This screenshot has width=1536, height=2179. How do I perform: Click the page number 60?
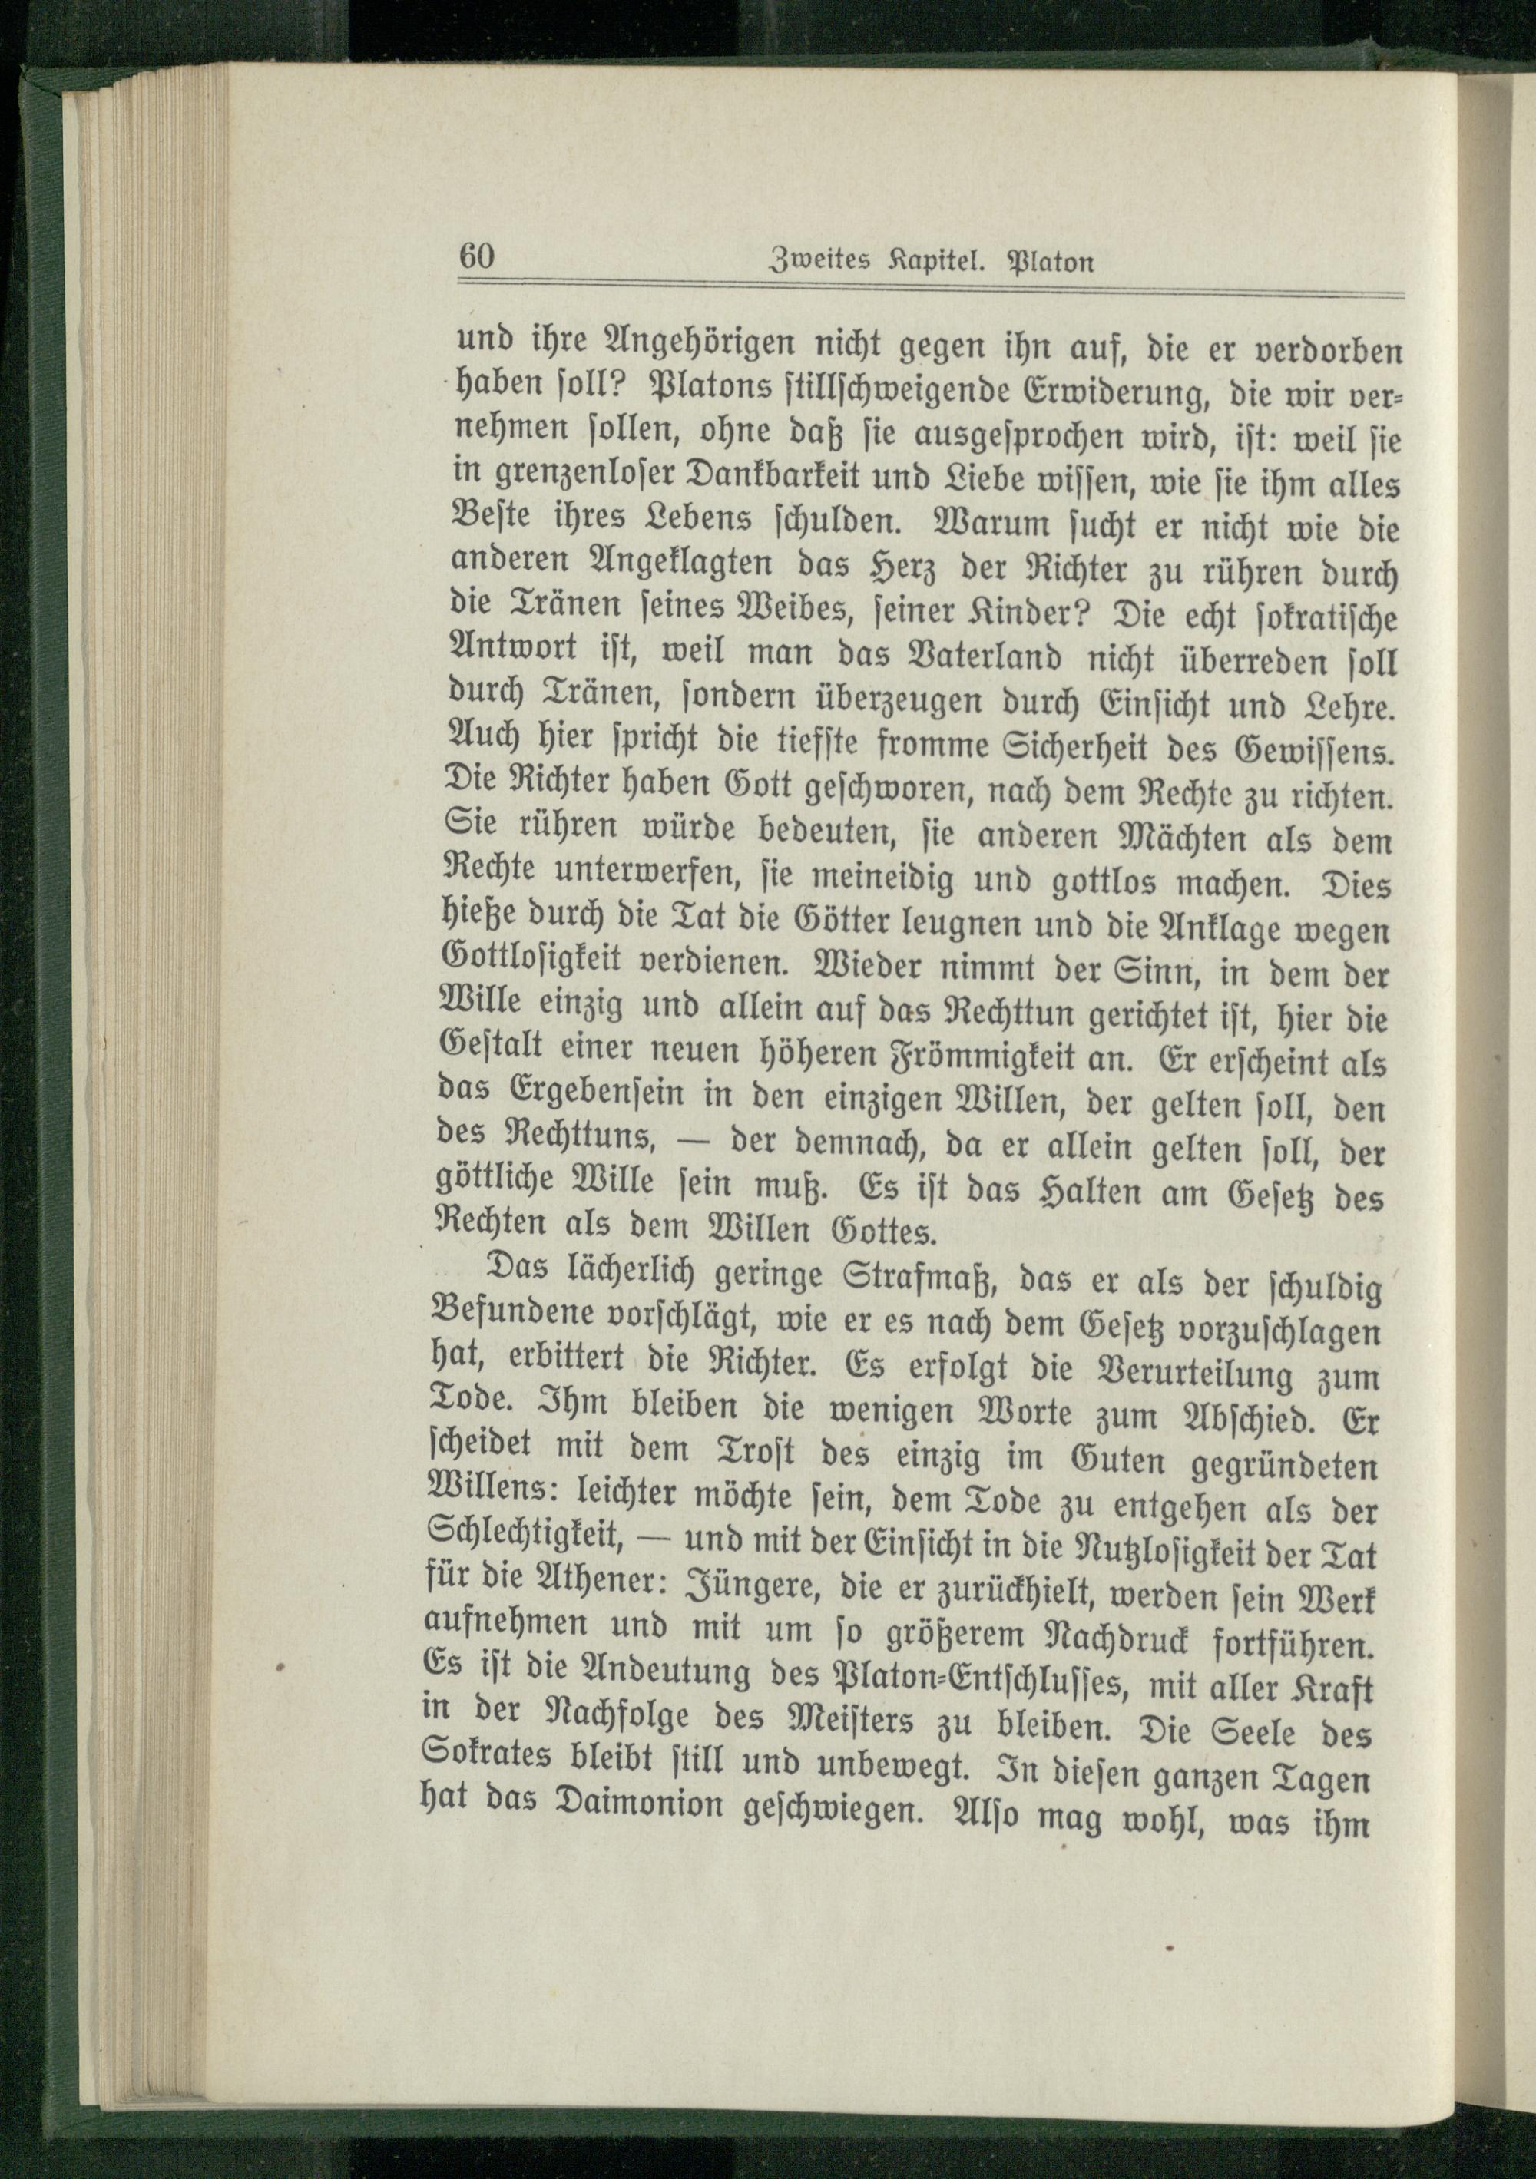[x=478, y=257]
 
